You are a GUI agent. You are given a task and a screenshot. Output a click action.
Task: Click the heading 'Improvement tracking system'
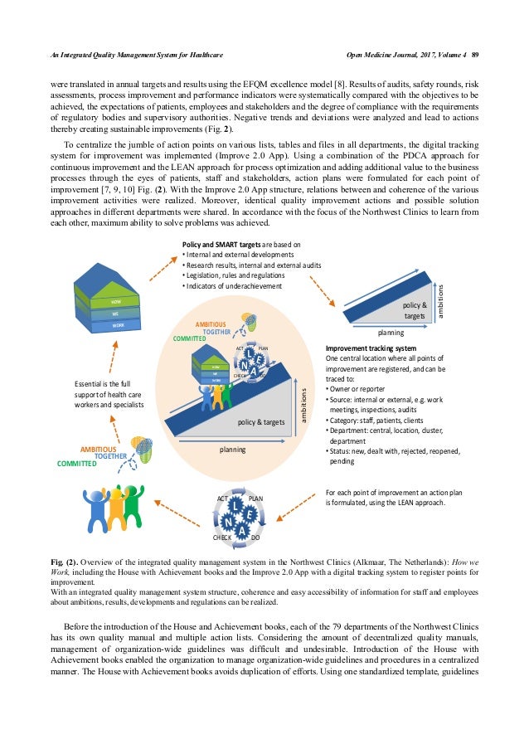pos(370,348)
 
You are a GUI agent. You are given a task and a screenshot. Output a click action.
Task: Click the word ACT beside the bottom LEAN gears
pos(222,499)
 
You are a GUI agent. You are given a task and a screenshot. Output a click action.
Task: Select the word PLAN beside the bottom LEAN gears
pos(256,499)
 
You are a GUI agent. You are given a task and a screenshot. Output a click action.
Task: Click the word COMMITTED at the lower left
pos(76,464)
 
